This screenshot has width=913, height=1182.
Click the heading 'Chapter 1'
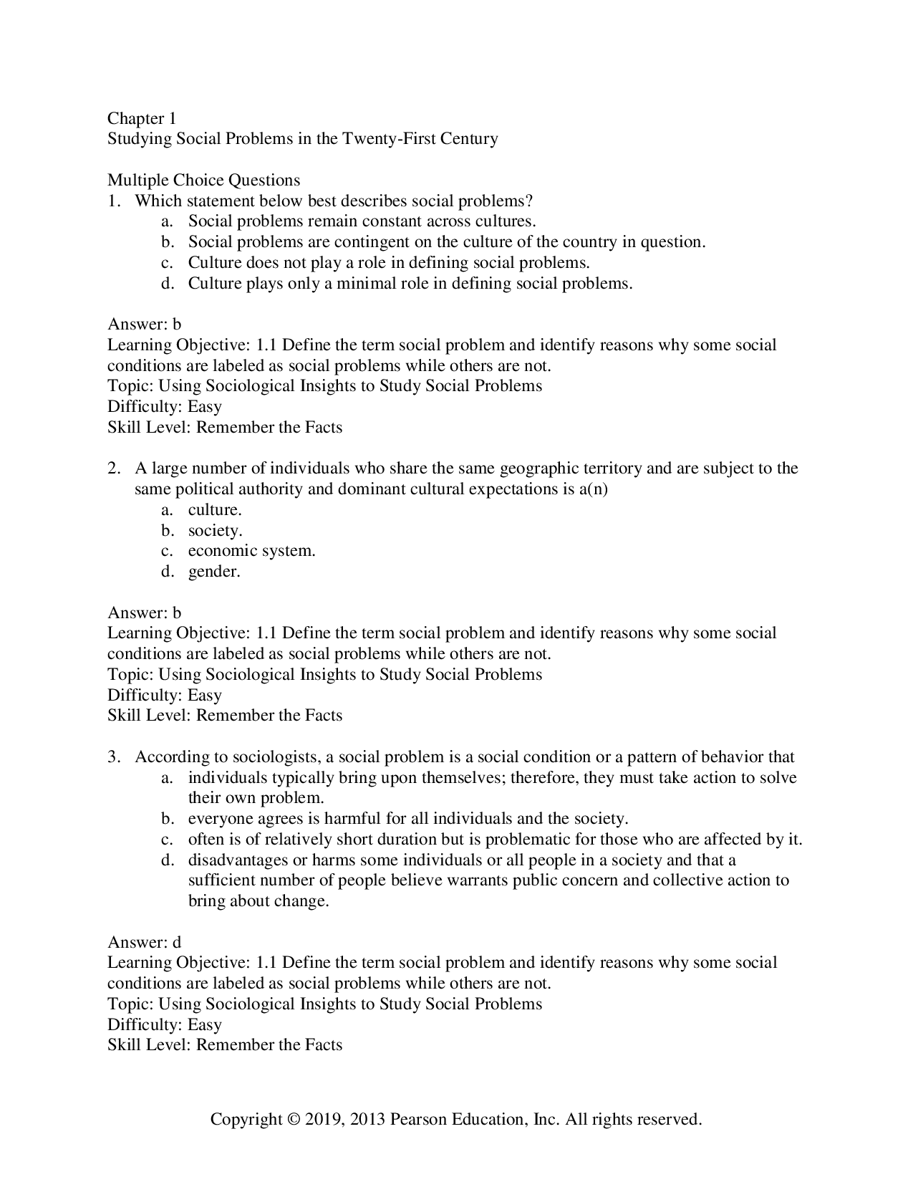[142, 118]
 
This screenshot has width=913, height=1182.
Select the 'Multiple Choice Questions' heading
[203, 180]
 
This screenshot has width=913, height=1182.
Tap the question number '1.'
[115, 201]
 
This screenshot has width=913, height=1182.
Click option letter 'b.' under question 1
[168, 242]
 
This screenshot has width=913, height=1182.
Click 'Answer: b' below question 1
[144, 325]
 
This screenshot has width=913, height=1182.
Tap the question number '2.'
[115, 469]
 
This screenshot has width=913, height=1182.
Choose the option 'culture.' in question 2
[215, 510]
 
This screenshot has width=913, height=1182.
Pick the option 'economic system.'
[251, 551]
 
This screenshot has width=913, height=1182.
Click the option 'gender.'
[214, 572]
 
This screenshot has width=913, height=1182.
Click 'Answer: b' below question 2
[144, 613]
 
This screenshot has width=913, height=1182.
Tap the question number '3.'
[115, 757]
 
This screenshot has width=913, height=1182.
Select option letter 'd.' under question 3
[168, 860]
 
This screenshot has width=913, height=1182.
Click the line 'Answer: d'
[144, 943]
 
